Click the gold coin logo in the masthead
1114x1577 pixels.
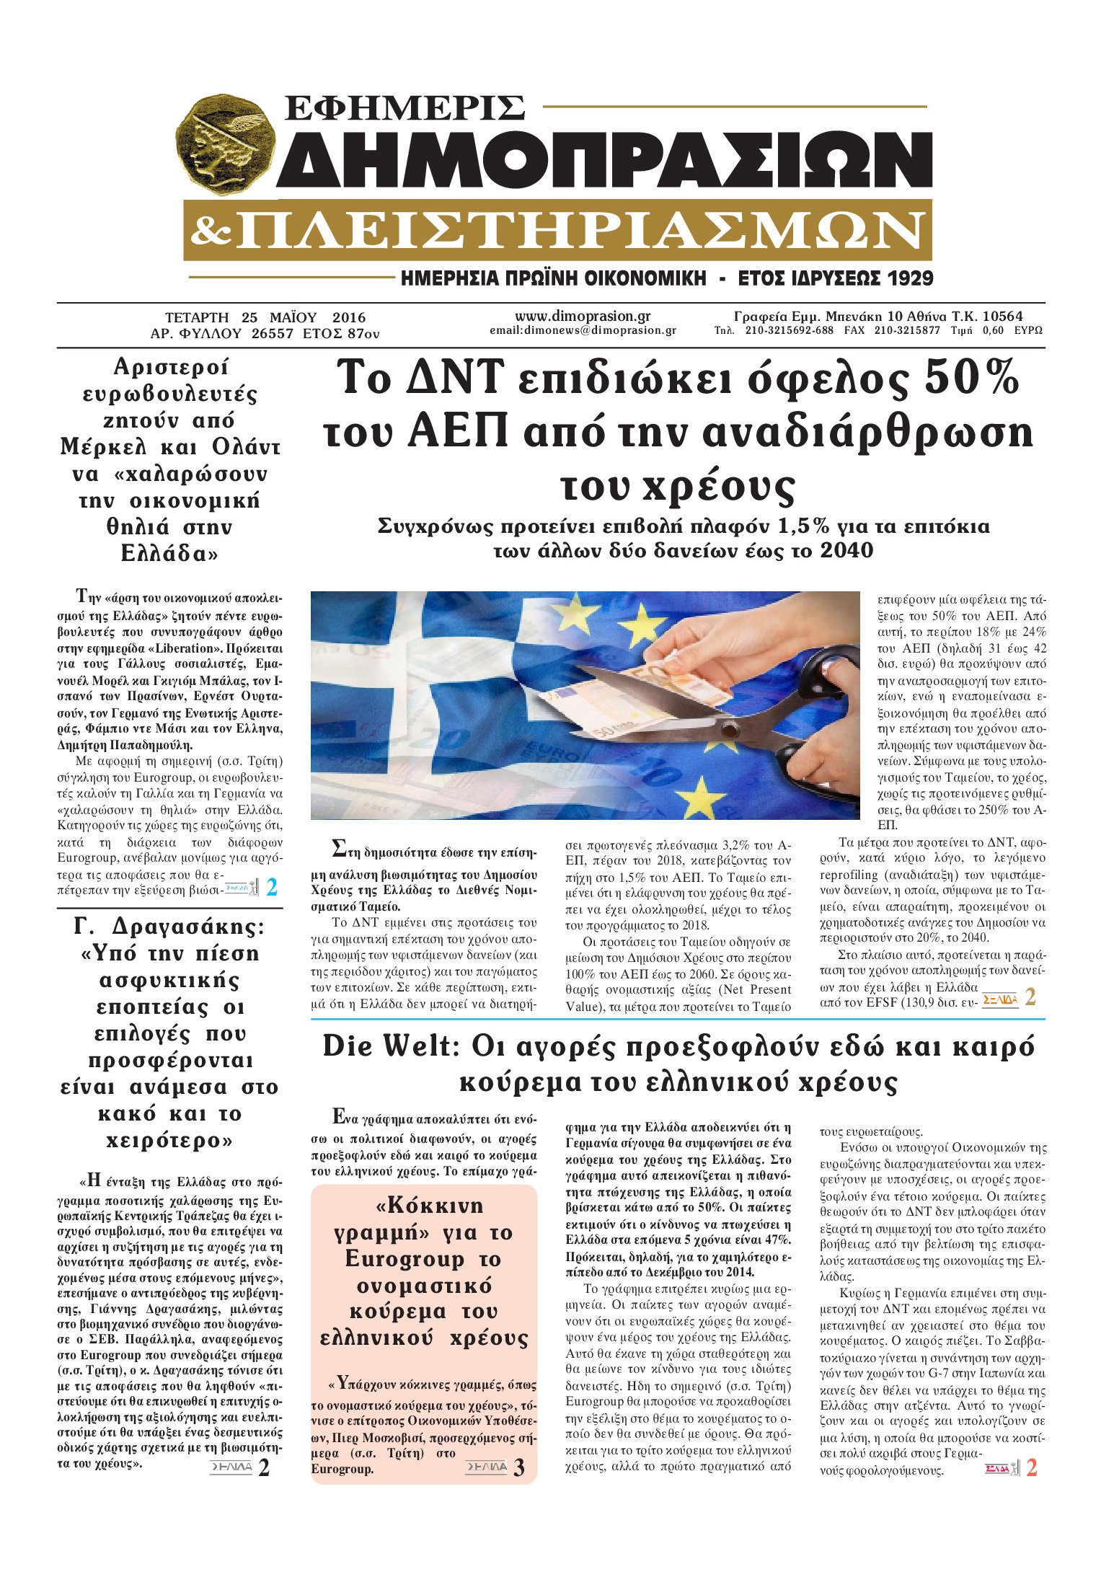click(226, 146)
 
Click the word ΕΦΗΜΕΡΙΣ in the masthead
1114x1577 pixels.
click(405, 107)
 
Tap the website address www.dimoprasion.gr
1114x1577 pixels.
click(583, 316)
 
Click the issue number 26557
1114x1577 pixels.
click(272, 334)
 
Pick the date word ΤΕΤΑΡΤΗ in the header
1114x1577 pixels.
click(197, 317)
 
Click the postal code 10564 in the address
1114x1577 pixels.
click(1002, 316)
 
